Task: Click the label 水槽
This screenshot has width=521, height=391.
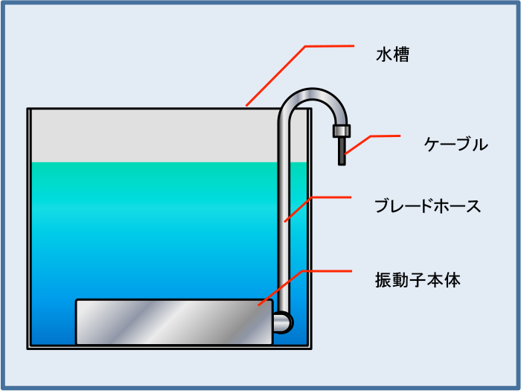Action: coord(392,55)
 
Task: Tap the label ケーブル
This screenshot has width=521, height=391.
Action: coord(456,144)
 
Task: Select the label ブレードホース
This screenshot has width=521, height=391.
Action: coord(428,206)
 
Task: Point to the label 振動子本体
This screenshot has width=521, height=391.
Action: coord(418,280)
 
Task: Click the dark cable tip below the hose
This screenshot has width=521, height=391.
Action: coord(342,151)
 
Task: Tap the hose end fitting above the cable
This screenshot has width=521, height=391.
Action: coord(342,131)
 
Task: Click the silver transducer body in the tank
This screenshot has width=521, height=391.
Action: coord(174,322)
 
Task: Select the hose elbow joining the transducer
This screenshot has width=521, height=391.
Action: coord(283,322)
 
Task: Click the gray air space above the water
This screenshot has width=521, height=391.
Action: coord(153,136)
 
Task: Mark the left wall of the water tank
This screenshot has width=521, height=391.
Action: coord(29,229)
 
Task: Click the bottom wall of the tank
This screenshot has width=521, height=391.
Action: coord(169,347)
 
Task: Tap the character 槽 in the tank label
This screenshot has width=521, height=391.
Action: coord(401,55)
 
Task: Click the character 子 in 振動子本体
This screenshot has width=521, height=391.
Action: coord(418,280)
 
